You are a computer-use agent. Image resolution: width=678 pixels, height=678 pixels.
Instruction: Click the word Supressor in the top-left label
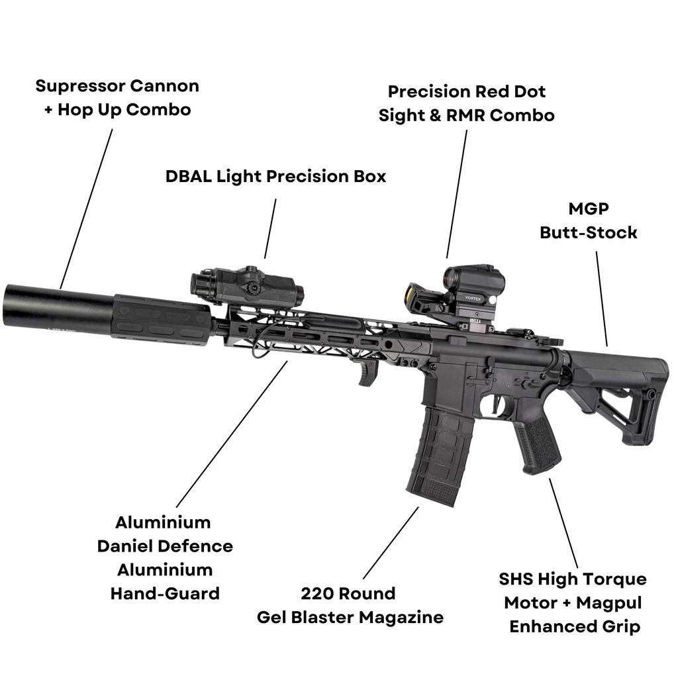pos(79,86)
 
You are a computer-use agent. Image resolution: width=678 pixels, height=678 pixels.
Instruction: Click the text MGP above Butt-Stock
pos(589,209)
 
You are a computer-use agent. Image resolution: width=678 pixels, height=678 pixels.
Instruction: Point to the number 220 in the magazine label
pos(316,593)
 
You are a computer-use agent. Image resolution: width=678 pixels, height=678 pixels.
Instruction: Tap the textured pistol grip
pos(538,444)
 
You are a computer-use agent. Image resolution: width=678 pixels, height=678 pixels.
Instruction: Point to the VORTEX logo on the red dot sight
pos(473,298)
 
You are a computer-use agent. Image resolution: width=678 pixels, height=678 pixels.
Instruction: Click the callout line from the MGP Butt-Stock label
pos(601,298)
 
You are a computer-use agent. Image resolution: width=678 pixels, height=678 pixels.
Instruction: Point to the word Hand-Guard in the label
pos(165,593)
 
